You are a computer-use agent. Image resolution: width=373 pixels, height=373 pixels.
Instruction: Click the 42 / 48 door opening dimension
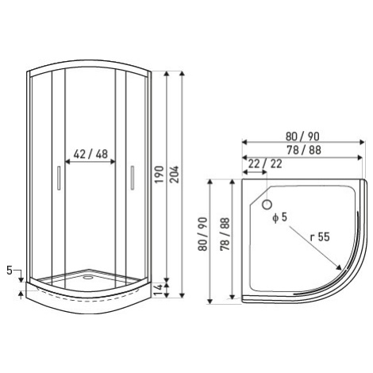[x=90, y=154]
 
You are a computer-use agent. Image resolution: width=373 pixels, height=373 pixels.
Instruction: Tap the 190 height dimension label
[x=160, y=175]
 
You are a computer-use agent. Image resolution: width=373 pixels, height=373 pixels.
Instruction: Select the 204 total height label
[x=175, y=175]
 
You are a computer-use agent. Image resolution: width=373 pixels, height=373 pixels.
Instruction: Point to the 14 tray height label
[x=159, y=290]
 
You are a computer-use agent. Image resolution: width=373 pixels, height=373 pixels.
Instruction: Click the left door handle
[x=59, y=178]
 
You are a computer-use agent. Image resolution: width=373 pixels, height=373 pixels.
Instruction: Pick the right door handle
[x=133, y=178]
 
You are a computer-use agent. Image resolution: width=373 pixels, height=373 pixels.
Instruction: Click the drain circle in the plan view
[x=267, y=205]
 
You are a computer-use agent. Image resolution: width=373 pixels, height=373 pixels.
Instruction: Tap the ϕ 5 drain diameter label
[x=279, y=217]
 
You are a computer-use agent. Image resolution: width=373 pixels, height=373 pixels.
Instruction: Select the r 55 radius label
[x=320, y=236]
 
